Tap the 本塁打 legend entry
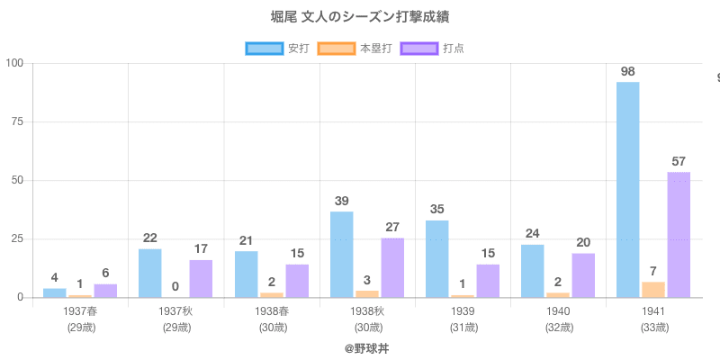(x=360, y=48)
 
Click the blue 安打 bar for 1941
(x=628, y=190)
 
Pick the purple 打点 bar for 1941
(x=679, y=235)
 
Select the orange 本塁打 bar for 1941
(x=653, y=290)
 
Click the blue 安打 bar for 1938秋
(x=342, y=255)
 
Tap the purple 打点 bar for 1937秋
(x=201, y=279)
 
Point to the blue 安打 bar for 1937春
(x=55, y=293)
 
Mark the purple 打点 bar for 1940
(x=583, y=275)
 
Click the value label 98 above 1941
(x=628, y=71)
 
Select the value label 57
(x=679, y=161)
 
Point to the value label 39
(x=342, y=201)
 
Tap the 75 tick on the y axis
(x=17, y=121)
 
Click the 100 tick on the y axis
(x=14, y=63)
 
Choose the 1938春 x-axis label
(x=272, y=311)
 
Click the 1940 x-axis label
(x=559, y=311)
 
